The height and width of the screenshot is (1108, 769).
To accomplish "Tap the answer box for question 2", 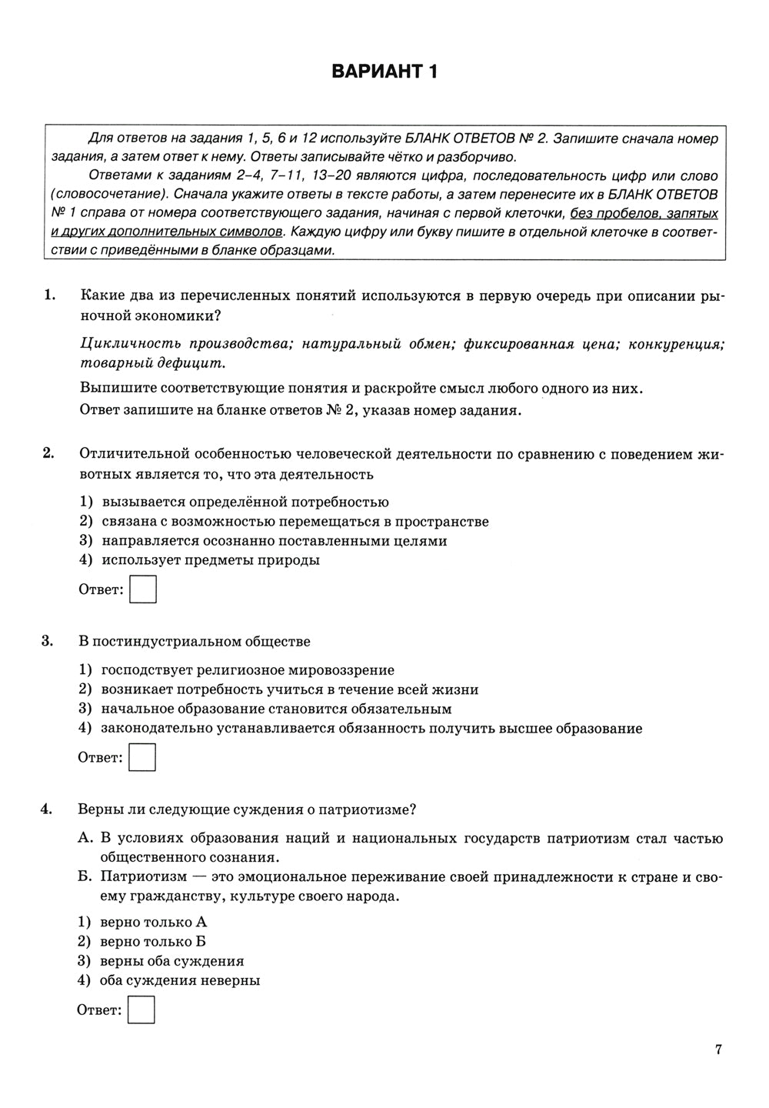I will pos(143,590).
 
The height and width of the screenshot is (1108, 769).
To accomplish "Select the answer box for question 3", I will pos(142,757).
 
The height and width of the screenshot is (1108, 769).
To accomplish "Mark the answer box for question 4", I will pos(141,1010).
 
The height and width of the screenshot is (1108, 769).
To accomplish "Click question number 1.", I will pos(50,295).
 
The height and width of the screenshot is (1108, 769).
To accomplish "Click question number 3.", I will pos(48,641).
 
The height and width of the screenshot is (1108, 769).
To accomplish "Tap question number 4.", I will pos(48,809).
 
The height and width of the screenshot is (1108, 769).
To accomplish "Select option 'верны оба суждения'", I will pos(171,961).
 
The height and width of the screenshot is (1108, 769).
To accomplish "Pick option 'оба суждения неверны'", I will pos(180,980).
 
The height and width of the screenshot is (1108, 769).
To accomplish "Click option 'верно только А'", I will pos(154,922).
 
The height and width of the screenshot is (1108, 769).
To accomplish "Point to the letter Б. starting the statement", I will pos(85,877).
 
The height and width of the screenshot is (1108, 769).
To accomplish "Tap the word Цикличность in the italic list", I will pos(130,344).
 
